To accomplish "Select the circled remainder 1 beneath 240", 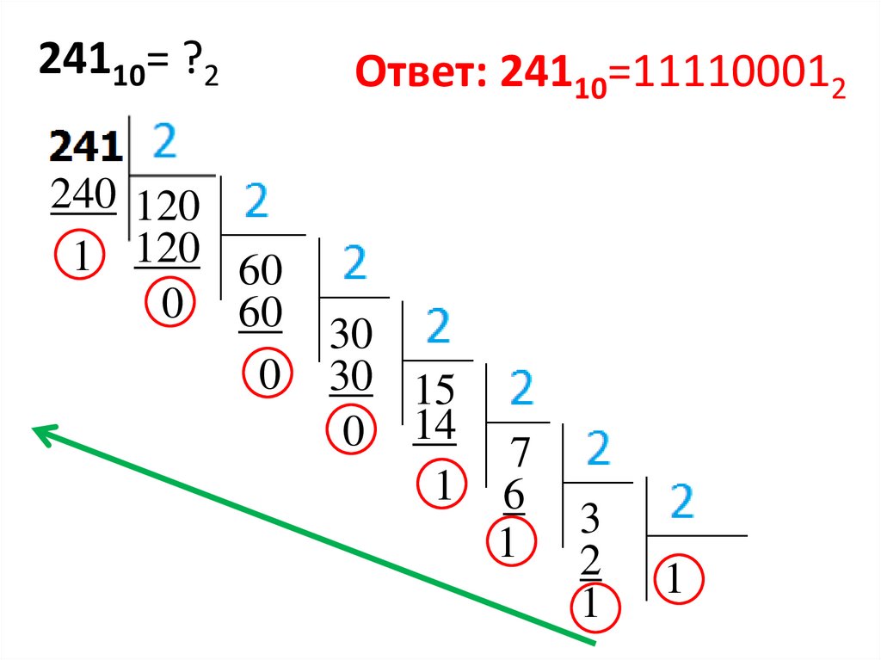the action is click(80, 256).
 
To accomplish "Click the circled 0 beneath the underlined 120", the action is click(172, 305).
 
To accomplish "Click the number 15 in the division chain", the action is click(435, 392).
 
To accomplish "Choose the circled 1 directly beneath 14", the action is click(442, 487).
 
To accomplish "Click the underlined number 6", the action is click(514, 497).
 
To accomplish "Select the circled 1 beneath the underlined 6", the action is click(510, 543).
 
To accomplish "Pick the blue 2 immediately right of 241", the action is click(164, 140).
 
